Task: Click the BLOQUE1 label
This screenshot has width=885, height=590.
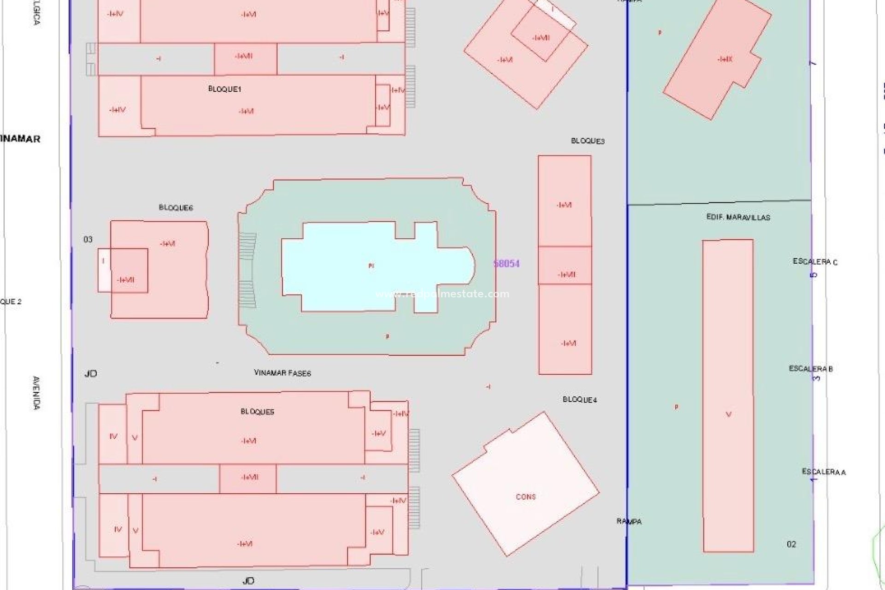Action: (x=224, y=89)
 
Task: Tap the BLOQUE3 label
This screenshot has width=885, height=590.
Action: (x=588, y=141)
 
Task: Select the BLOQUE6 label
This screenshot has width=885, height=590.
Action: (x=176, y=208)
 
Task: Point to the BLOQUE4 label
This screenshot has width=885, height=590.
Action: (x=579, y=400)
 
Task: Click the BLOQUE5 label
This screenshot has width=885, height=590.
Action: (x=257, y=412)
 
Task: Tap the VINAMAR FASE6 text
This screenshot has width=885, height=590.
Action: (x=282, y=373)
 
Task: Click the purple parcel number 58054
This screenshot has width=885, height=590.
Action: (x=506, y=264)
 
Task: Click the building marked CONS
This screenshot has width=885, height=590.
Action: (x=525, y=484)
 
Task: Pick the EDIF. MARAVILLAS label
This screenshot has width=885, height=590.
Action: (x=738, y=217)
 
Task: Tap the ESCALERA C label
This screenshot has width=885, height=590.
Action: (x=815, y=262)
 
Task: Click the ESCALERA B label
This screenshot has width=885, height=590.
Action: (x=811, y=369)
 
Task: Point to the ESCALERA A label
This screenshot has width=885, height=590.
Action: (x=824, y=472)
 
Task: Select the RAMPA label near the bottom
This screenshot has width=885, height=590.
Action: (x=629, y=521)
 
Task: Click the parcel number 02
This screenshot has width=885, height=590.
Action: (x=791, y=544)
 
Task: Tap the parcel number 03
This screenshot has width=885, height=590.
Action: (x=88, y=239)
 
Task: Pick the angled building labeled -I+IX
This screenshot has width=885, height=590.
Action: (x=717, y=60)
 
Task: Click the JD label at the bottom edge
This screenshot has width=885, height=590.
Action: (x=248, y=581)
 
